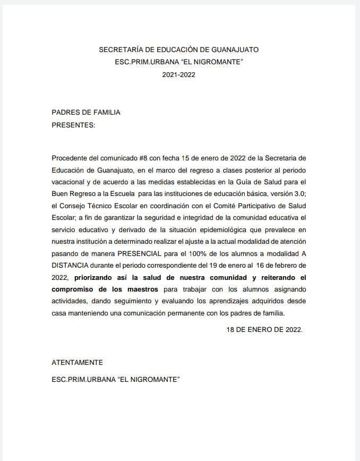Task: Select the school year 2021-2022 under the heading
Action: pyautogui.click(x=179, y=75)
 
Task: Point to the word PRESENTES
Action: pyautogui.click(x=73, y=125)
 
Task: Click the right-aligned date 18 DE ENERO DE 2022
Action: pyautogui.click(x=264, y=329)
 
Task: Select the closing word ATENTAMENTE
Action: pyautogui.click(x=77, y=362)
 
